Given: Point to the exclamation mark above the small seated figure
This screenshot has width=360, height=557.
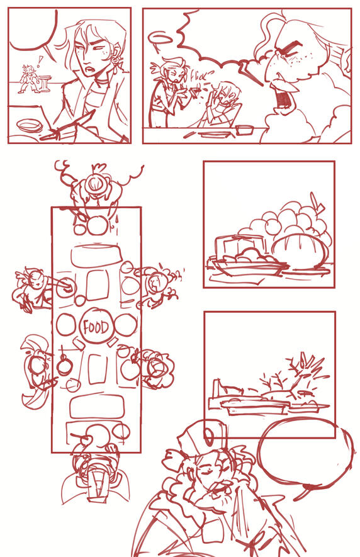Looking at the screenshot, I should tap(40, 61).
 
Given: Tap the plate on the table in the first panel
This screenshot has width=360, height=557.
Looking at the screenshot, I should tap(28, 125).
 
